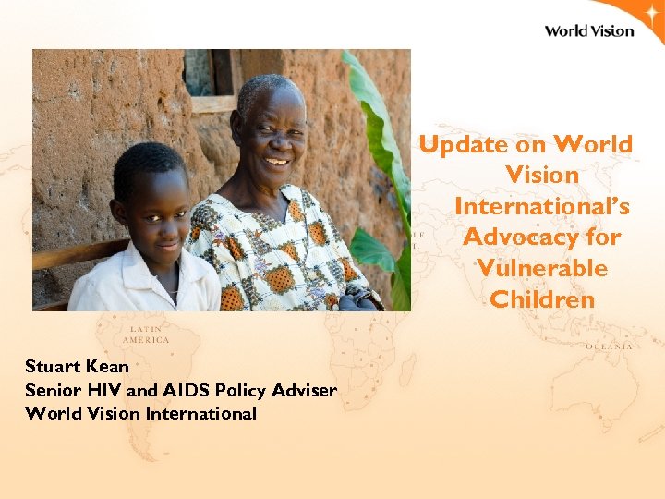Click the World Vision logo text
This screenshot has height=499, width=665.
coord(588,30)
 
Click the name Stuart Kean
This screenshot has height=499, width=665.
coord(77,367)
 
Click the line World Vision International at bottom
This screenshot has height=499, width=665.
coord(140,413)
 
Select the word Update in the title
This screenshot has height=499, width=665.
coord(463,144)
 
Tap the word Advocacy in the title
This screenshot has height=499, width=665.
coord(515,237)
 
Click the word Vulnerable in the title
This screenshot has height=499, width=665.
coord(542,268)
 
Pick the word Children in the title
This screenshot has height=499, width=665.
coord(542,299)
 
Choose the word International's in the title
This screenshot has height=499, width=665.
coord(541,205)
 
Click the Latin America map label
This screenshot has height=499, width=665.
coord(149,334)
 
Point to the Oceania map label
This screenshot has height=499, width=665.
coord(609,346)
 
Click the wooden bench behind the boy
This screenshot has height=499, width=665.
coord(74,253)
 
